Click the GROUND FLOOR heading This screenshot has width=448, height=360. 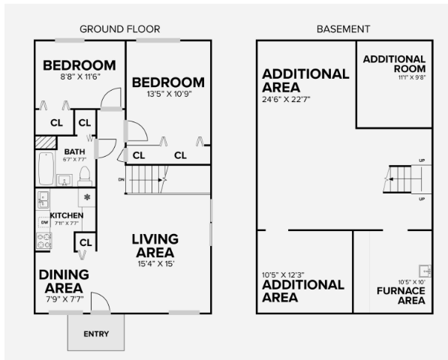click(119, 29)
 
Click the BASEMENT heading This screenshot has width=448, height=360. click(343, 29)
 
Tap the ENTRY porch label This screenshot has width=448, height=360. click(96, 334)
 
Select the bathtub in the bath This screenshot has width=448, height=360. click(44, 169)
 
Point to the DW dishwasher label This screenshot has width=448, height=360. click(44, 223)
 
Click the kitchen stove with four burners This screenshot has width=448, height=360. click(44, 241)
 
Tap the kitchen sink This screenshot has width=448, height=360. click(44, 199)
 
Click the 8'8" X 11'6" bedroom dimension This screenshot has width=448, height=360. click(79, 76)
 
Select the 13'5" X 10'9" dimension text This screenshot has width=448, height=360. click(168, 94)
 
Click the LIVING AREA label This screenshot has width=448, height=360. click(155, 244)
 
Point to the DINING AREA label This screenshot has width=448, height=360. click(64, 280)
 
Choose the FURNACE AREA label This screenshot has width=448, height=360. click(401, 295)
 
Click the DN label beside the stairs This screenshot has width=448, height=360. click(121, 180)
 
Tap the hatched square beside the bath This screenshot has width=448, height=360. click(47, 140)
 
